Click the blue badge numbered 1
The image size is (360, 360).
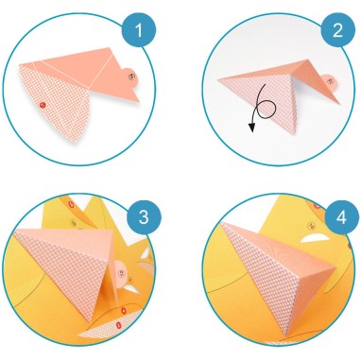[x=139, y=30]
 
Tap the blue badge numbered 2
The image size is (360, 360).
[x=337, y=30]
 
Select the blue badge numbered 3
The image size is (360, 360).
[x=144, y=216]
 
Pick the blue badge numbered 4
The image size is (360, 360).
[x=342, y=217]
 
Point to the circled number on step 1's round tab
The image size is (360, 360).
[x=131, y=76]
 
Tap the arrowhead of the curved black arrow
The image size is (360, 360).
[x=251, y=128]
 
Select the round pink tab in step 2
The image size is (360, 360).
[x=329, y=82]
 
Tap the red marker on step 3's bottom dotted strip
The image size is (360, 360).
[x=118, y=324]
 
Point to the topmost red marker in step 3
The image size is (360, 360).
[x=72, y=205]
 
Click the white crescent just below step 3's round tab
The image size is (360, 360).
[x=131, y=288]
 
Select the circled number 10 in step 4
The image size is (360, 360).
[x=312, y=226]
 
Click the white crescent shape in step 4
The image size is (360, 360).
[x=314, y=238]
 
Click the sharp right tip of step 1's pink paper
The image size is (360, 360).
[x=139, y=102]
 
